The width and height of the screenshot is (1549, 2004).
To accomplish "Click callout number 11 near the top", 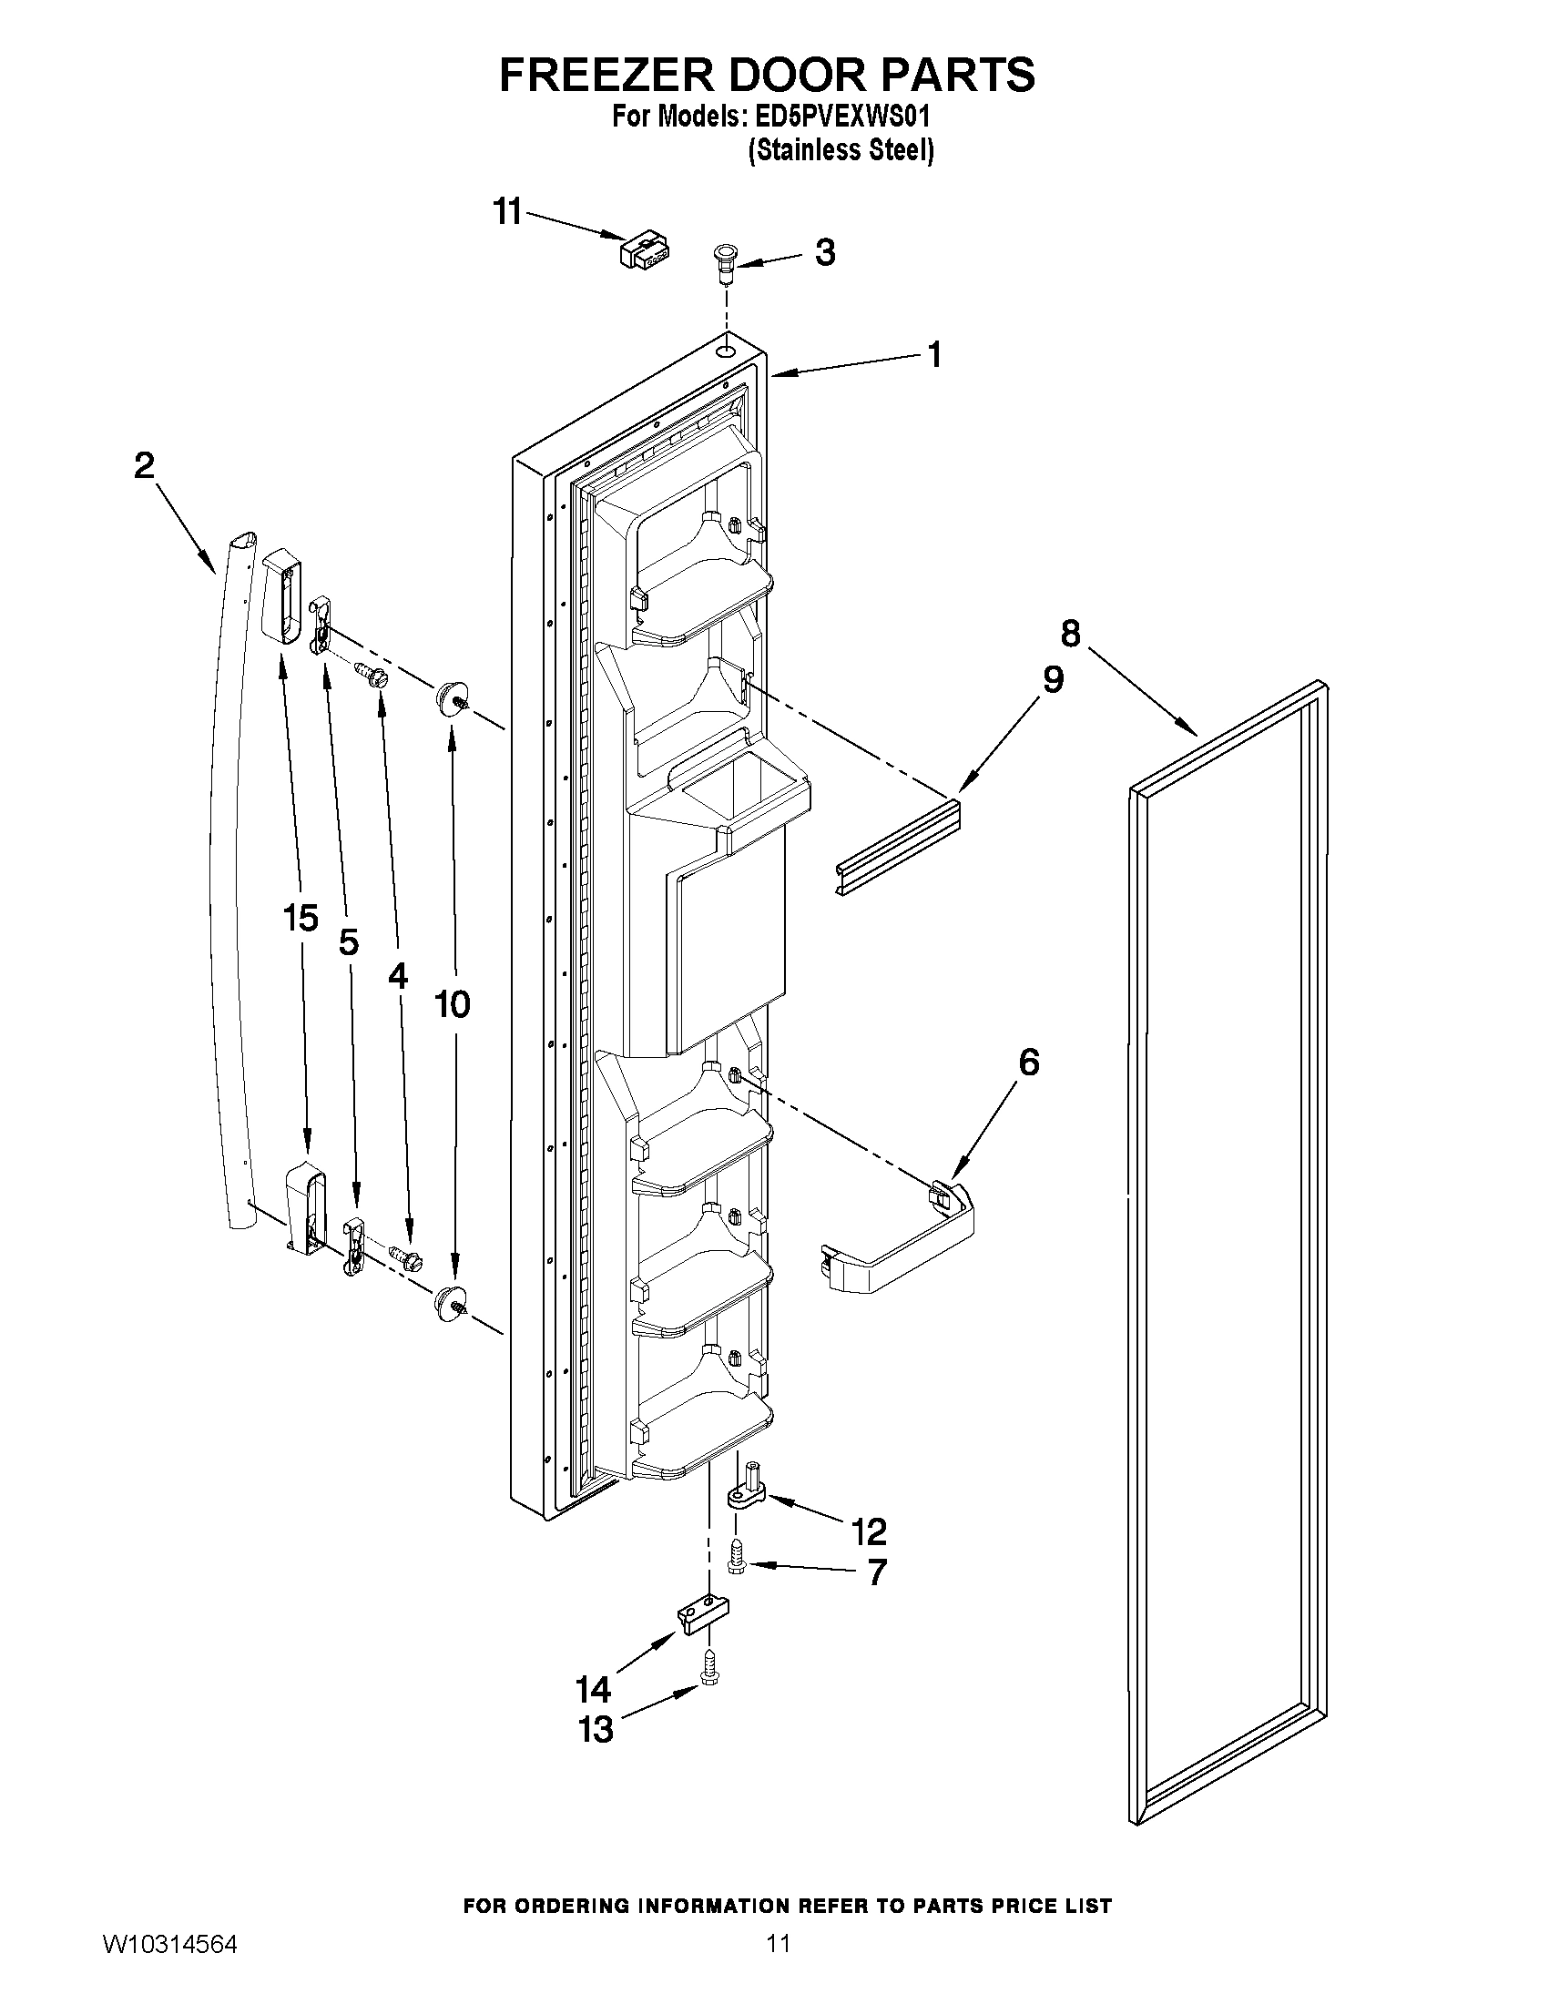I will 507,212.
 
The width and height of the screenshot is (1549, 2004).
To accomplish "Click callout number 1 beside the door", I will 934,354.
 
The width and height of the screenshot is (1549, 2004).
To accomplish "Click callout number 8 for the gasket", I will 1070,633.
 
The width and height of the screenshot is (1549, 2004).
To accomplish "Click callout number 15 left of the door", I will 301,917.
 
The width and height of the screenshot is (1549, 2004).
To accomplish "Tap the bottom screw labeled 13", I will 709,1674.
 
